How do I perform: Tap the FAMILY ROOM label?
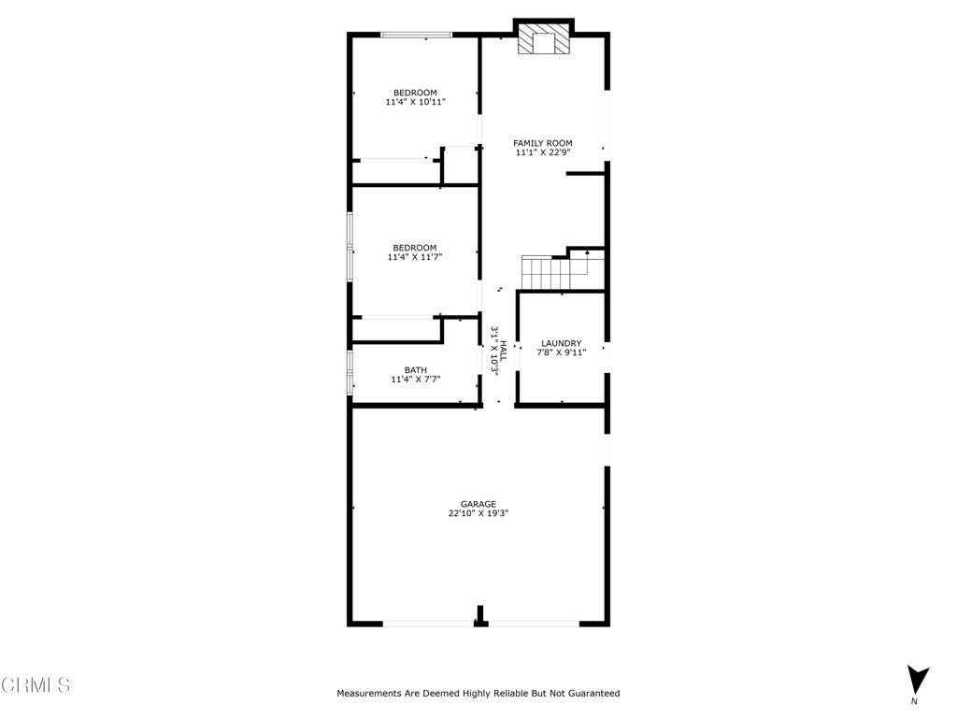click(x=543, y=143)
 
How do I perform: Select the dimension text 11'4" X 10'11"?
click(x=415, y=102)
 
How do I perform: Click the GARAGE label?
click(x=478, y=503)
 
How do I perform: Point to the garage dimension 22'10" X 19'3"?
click(x=478, y=513)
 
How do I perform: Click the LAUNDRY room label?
click(x=561, y=343)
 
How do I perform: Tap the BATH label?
click(x=415, y=370)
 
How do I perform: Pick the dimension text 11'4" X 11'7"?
click(x=415, y=257)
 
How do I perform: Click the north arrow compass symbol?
click(x=918, y=679)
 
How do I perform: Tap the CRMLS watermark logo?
click(x=36, y=685)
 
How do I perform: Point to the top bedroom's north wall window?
click(x=416, y=36)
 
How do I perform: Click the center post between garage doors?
click(x=480, y=617)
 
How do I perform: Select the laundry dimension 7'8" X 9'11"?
click(x=561, y=353)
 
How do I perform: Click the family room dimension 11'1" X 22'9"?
click(x=543, y=153)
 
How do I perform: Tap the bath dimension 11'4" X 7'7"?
click(x=415, y=380)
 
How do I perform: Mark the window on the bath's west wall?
click(x=350, y=372)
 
